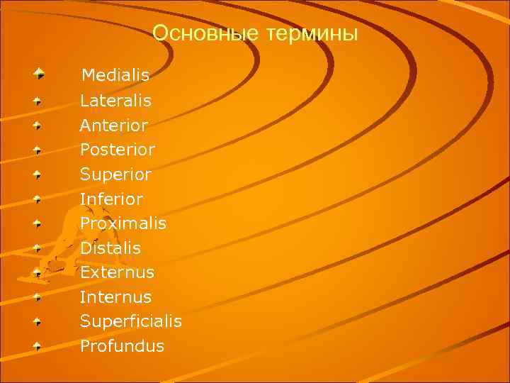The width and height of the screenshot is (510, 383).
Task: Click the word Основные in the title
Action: point(203,33)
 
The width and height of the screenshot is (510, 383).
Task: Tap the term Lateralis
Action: point(115,101)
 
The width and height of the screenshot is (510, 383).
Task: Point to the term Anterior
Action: point(114,126)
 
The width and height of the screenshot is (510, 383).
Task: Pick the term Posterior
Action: point(118,150)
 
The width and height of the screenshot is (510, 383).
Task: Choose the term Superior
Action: point(115,174)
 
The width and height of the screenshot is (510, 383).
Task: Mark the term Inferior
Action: point(111,199)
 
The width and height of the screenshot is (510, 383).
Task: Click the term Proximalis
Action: point(123,223)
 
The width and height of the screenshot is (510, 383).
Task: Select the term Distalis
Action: point(110,248)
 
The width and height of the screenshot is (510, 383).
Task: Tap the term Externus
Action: point(117,272)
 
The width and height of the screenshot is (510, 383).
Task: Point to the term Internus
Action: point(115,297)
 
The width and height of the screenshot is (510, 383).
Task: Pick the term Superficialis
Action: point(131,321)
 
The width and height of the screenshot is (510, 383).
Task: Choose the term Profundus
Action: point(122,346)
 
